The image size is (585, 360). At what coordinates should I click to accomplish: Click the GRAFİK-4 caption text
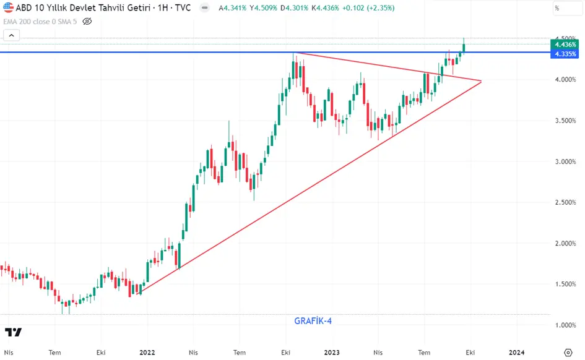tap(313, 321)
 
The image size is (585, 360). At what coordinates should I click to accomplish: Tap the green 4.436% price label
tap(565, 45)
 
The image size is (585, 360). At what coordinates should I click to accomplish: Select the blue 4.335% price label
tap(565, 54)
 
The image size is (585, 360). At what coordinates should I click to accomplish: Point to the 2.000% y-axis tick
tap(565, 243)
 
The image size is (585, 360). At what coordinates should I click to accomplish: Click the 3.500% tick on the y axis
tap(565, 121)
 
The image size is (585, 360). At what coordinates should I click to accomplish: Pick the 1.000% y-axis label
tap(565, 325)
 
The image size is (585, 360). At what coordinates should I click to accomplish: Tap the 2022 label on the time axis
tap(147, 353)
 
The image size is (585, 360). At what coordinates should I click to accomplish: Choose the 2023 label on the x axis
tap(332, 353)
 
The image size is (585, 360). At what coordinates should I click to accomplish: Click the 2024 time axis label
tap(517, 353)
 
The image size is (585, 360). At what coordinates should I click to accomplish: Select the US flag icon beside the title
tap(8, 7)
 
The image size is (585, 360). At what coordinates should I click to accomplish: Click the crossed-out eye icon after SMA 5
tap(87, 22)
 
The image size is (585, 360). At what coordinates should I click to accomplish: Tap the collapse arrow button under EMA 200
tap(12, 35)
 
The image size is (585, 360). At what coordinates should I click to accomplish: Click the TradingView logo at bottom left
tap(13, 332)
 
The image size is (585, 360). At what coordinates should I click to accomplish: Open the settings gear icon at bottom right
tap(568, 353)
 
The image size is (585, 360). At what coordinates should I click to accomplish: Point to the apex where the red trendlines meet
tap(481, 81)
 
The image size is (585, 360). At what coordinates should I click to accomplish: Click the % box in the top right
tap(567, 8)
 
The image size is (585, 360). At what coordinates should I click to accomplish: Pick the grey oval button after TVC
tap(204, 8)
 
